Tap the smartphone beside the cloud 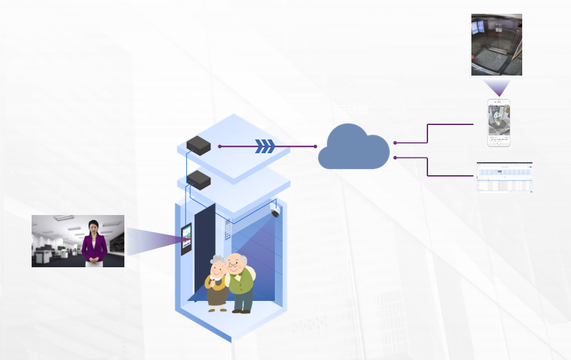click(x=500, y=123)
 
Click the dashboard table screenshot click(x=505, y=177)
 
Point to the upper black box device click(x=198, y=144)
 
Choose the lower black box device click(x=198, y=179)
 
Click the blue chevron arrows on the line click(x=265, y=146)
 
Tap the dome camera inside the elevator click(x=276, y=212)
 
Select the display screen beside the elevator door click(x=186, y=238)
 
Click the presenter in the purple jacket click(x=94, y=242)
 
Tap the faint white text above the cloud click(x=352, y=109)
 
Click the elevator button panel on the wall click(x=228, y=229)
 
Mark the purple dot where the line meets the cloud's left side click(x=315, y=146)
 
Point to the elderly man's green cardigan click(x=242, y=282)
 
